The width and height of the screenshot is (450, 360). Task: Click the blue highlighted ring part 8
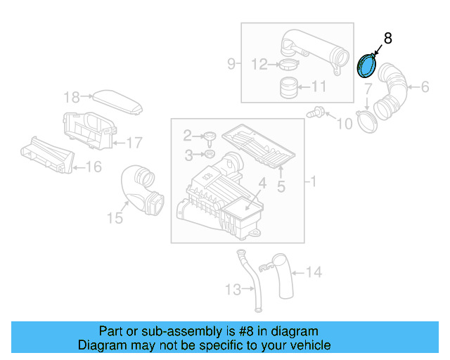point(366,66)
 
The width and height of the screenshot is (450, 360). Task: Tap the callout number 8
point(388,39)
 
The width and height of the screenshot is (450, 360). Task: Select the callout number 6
point(425,87)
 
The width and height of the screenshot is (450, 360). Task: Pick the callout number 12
point(259,65)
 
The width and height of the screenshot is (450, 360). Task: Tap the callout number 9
point(231,65)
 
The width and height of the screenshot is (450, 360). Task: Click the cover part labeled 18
point(119,101)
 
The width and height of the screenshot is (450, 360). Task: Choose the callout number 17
point(134,143)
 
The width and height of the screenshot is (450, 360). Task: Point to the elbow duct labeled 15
point(141,188)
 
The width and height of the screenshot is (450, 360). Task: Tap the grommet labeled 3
point(210,153)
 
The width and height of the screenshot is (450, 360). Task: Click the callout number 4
point(262,184)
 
